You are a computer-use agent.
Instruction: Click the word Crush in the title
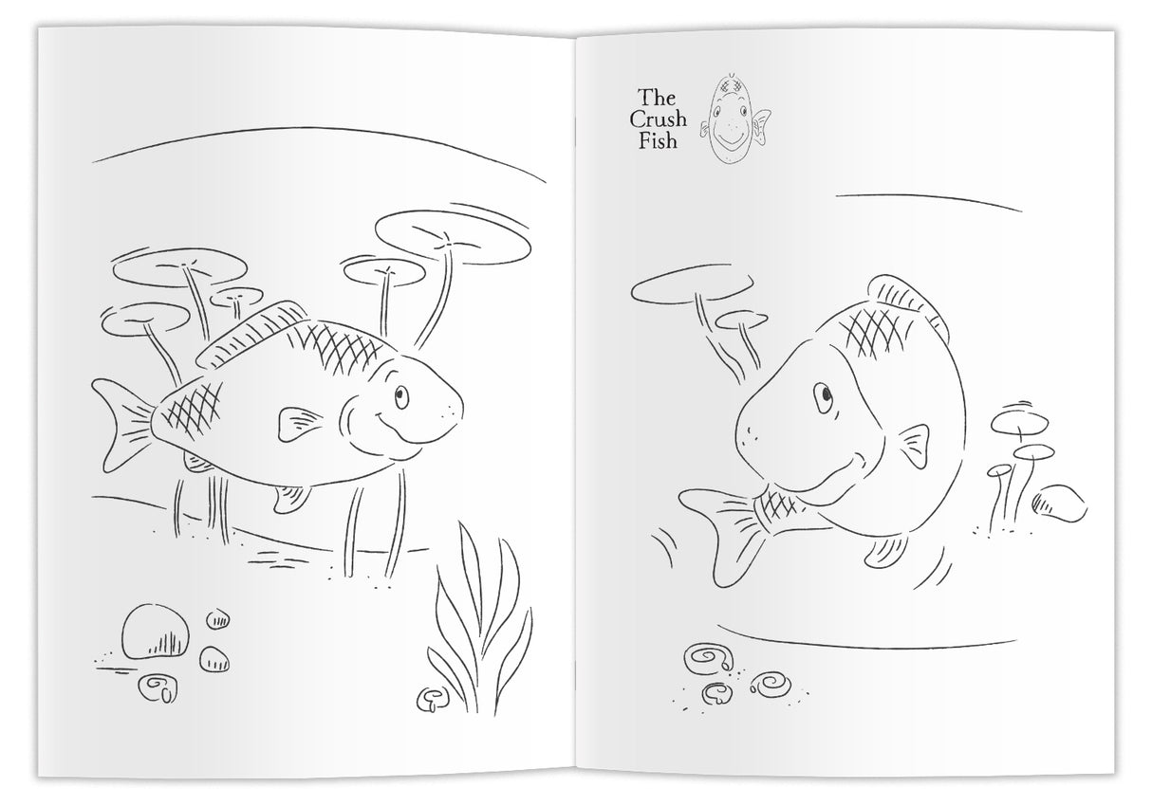pos(658,119)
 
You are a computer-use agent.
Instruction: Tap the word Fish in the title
pos(658,141)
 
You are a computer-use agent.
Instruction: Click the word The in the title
pos(657,97)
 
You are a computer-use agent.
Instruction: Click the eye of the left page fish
pos(401,396)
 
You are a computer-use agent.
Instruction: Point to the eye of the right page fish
pos(824,396)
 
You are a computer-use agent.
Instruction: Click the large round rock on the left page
pos(155,632)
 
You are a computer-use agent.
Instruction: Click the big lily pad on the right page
pos(692,286)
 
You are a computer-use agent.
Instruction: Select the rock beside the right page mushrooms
pos(1059,504)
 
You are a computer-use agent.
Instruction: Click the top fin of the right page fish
pos(909,301)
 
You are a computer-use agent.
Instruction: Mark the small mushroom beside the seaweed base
pos(432,700)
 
